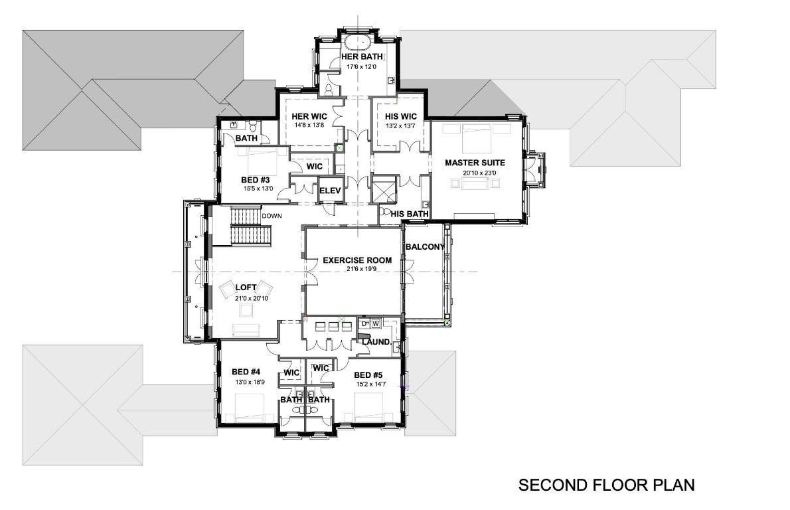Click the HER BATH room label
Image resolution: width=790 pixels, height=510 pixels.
coord(362,57)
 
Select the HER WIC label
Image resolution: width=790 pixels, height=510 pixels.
coord(306,116)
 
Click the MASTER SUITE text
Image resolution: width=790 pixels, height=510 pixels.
coord(475,163)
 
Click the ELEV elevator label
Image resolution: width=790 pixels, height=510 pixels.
coord(330,191)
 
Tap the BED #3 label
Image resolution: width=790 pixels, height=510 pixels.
coord(256,179)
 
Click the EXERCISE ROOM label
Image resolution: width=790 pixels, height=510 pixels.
coord(357,260)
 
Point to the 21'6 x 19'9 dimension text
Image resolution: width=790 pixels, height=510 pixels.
coord(357,270)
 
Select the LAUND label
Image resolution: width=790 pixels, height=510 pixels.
coord(376,342)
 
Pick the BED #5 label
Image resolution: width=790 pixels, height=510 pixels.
coord(368,375)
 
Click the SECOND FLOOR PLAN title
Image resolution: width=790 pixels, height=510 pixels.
coord(606,485)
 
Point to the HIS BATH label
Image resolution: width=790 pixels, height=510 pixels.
coord(408,214)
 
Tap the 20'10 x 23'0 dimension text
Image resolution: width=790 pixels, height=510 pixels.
coord(475,173)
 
